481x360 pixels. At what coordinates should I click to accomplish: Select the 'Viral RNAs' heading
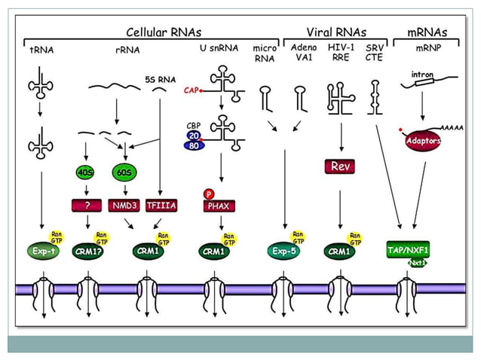pyautogui.click(x=336, y=32)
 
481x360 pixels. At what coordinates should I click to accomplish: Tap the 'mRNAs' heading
pyautogui.click(x=427, y=32)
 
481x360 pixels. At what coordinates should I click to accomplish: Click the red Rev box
pyautogui.click(x=338, y=165)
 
